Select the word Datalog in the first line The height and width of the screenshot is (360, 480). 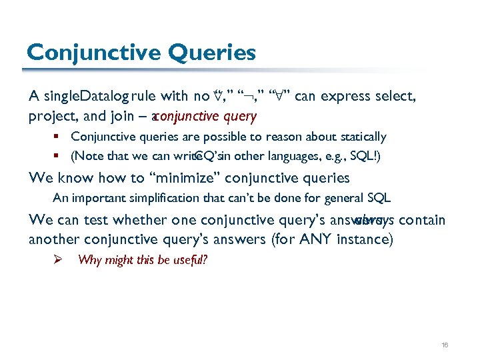[x=104, y=97]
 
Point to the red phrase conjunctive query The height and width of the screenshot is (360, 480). [x=205, y=116]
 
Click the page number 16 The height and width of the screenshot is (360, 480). [x=445, y=345]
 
